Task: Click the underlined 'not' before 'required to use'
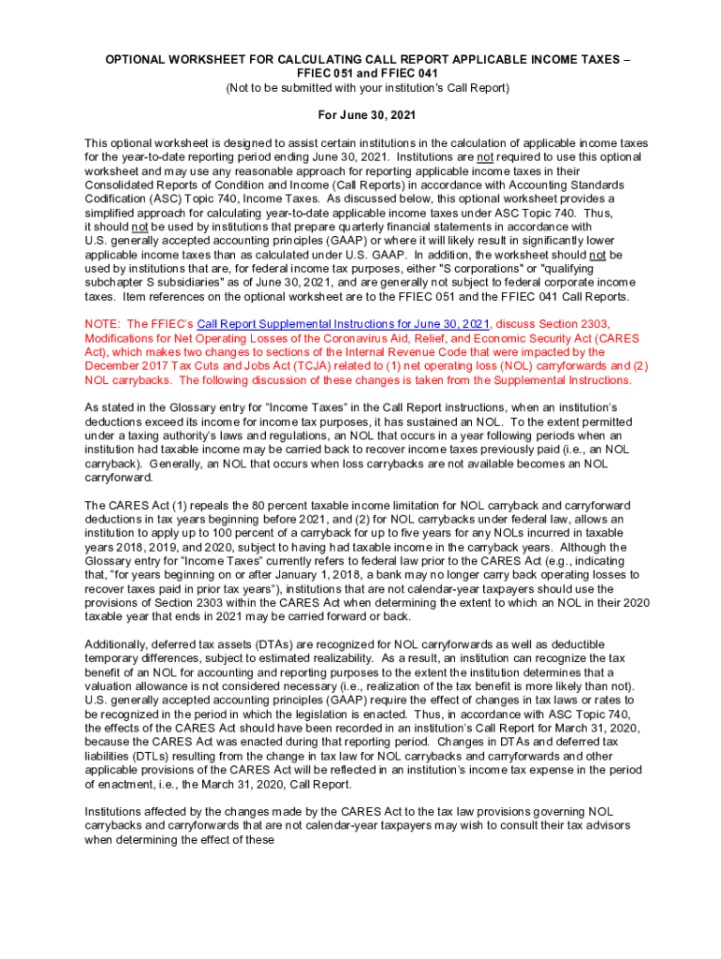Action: point(487,157)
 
